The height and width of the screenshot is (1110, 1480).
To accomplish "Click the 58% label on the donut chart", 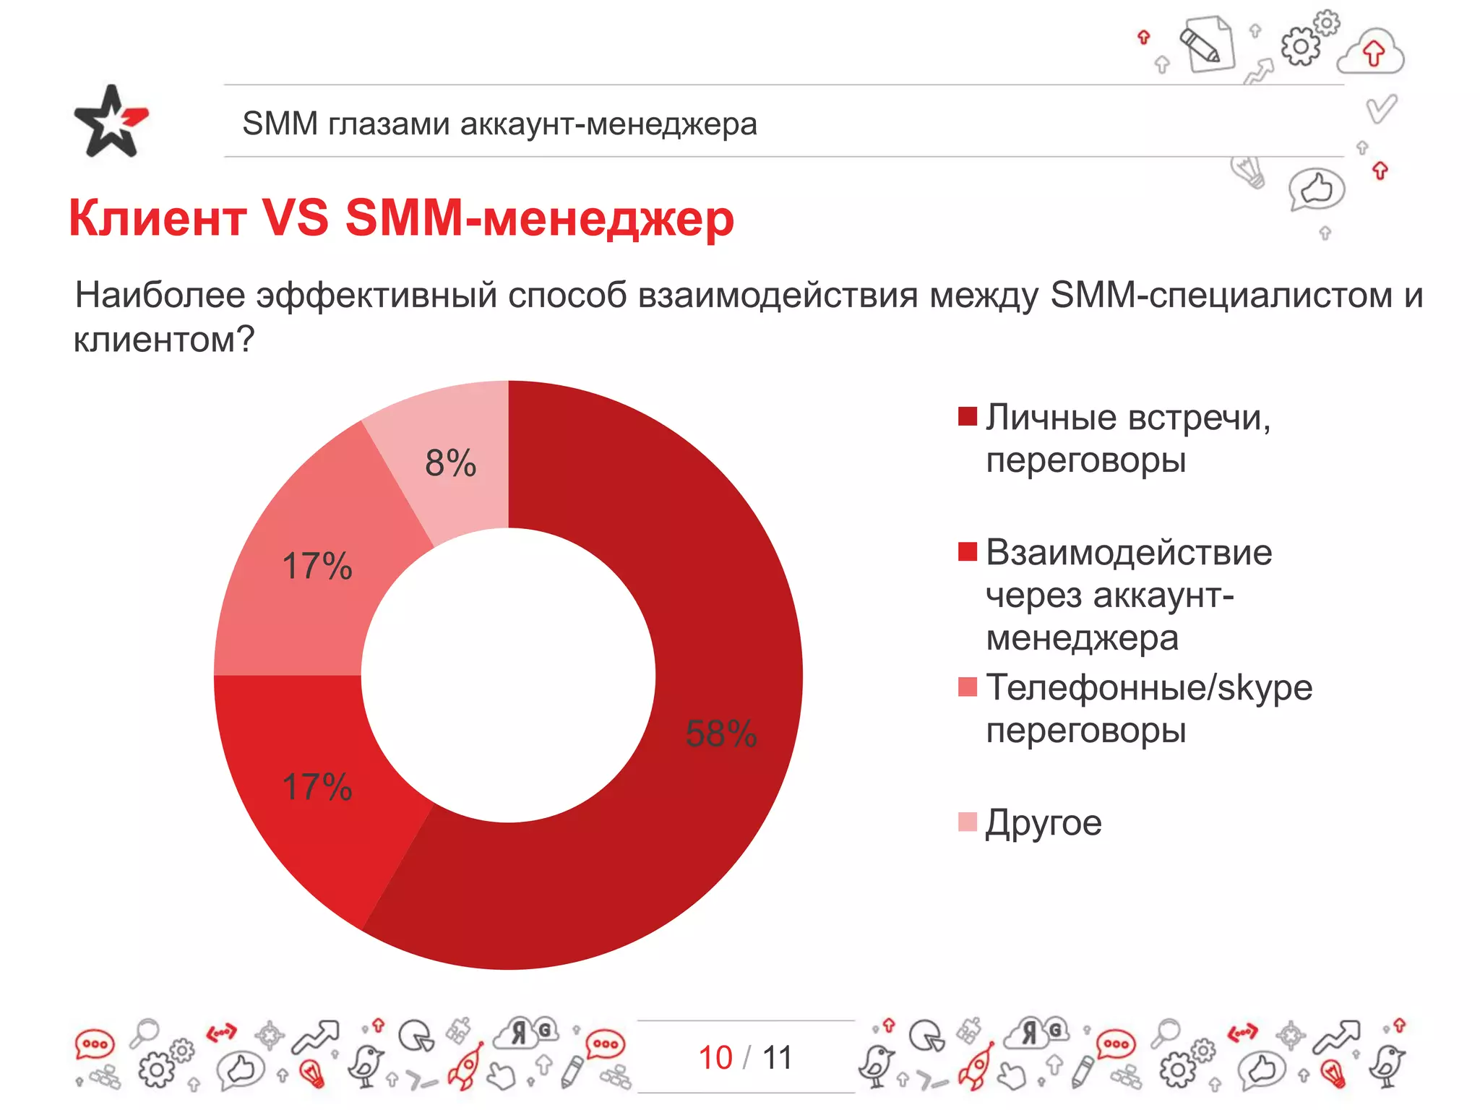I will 720,733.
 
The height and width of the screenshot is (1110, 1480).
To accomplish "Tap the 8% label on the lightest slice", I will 450,463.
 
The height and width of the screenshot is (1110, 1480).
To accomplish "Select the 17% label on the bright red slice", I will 317,787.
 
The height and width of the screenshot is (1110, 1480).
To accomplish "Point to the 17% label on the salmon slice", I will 317,566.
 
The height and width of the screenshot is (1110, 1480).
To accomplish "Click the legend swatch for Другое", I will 967,822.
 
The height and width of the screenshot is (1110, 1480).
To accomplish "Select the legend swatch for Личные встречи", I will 967,416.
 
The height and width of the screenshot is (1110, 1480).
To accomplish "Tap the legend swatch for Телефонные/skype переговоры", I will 967,687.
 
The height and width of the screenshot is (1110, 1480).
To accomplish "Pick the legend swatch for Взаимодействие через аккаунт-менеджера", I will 967,551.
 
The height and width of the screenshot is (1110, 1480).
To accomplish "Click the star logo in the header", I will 111,121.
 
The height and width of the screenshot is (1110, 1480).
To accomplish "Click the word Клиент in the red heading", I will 158,218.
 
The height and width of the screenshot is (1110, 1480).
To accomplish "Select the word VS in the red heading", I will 295,218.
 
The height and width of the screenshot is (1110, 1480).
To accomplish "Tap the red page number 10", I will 715,1058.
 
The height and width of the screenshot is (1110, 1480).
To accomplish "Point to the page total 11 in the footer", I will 777,1058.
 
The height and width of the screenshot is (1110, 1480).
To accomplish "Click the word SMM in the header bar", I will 280,124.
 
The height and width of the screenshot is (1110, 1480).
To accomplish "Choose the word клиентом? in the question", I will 164,339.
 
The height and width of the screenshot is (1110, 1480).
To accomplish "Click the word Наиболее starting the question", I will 160,296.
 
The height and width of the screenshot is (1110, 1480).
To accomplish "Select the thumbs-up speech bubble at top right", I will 1316,189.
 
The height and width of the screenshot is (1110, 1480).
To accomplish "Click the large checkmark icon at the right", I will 1381,109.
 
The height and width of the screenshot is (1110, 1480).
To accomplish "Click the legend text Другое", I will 1044,823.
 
